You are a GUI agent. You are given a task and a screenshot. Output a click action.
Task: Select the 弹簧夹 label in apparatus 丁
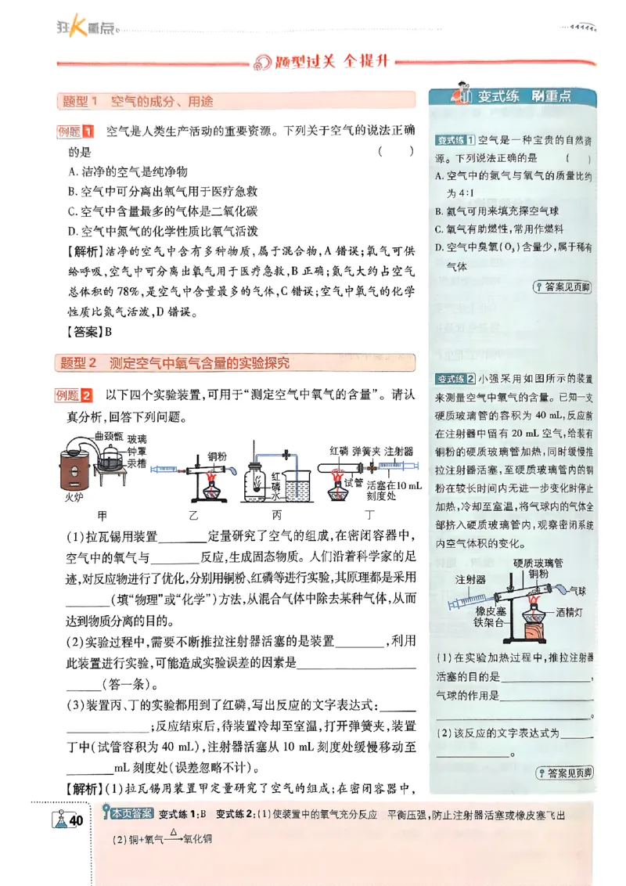pos(365,452)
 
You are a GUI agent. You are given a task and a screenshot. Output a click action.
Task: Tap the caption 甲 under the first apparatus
pos(102,515)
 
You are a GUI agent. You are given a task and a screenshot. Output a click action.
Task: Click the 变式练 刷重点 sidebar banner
pos(513,97)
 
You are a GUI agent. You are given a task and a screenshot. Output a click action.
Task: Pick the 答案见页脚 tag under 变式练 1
pos(562,287)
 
